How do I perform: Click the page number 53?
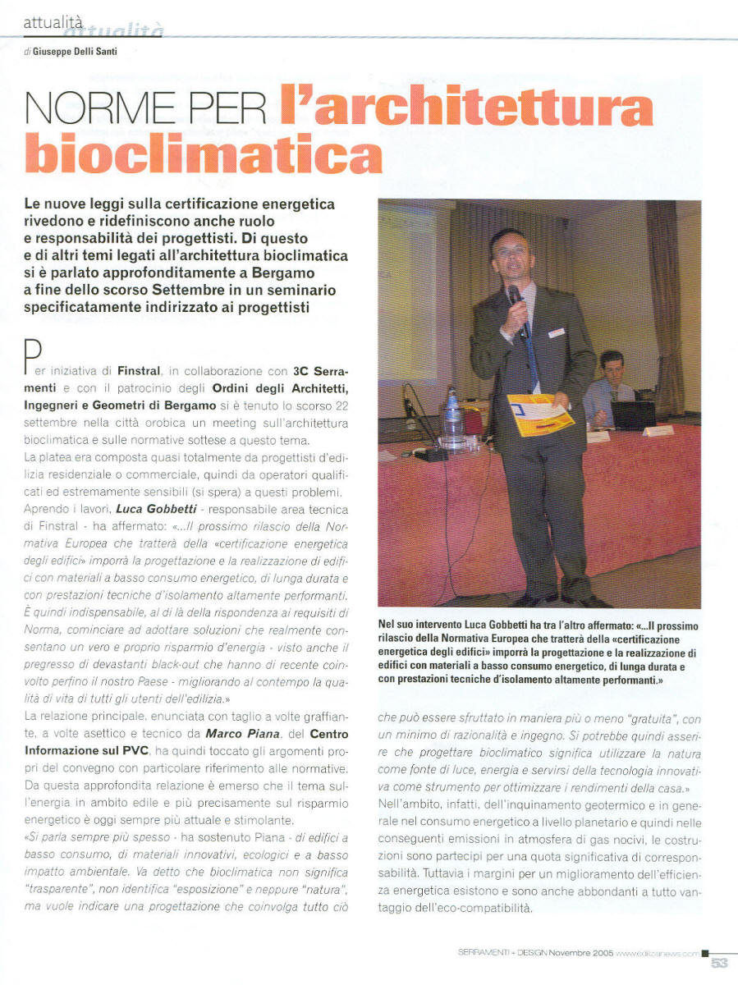click(719, 962)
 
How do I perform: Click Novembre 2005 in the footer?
click(580, 952)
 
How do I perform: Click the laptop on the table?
click(633, 415)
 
